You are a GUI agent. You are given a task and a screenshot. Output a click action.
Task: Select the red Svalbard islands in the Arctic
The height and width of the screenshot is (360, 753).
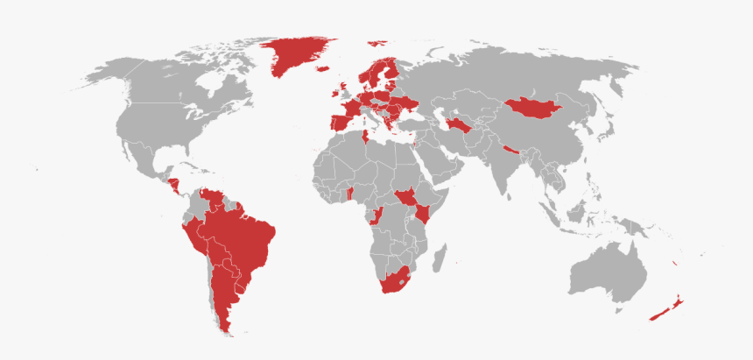coord(378,40)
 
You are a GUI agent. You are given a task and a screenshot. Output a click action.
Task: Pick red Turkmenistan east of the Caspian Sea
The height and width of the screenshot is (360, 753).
coord(459,124)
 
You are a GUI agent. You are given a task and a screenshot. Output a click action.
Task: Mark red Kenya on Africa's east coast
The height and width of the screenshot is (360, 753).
coord(423,214)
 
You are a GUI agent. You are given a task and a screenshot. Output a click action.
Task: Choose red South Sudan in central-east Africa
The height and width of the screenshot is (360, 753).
coord(405,198)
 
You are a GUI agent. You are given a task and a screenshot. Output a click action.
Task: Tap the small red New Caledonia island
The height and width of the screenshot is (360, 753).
coord(673,264)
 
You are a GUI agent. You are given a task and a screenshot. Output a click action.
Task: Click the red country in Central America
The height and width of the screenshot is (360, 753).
coord(173,185)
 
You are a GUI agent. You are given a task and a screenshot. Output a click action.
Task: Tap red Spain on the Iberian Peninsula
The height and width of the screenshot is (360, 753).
coord(340,120)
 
